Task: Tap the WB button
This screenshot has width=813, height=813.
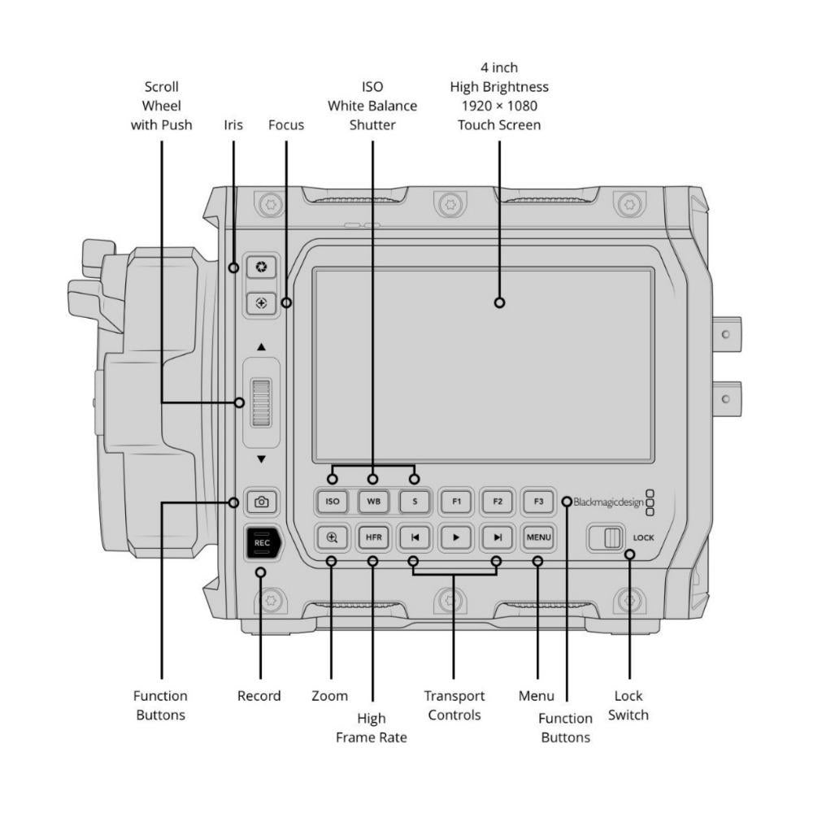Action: pos(373,502)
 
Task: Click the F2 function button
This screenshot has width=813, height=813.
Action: pos(497,502)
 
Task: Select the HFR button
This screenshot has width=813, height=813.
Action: pos(373,537)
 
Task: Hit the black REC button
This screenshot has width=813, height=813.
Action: pos(262,542)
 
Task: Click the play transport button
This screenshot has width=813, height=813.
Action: pos(455,537)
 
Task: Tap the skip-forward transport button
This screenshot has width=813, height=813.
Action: pos(497,537)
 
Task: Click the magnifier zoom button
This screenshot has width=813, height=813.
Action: pos(332,537)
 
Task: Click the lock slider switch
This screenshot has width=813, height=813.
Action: pos(606,538)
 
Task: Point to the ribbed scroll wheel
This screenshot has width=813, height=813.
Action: pos(261,402)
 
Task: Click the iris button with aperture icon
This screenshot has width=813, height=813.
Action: pos(261,267)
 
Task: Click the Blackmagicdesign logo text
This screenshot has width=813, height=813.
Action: pos(608,502)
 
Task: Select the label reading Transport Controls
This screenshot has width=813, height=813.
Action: pos(454,706)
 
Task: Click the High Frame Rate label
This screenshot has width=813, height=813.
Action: pos(372,728)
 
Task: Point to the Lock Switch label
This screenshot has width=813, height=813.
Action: pos(628,706)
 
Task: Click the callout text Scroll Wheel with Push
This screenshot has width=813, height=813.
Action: pos(161,106)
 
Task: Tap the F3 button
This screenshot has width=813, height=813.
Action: pos(538,502)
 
